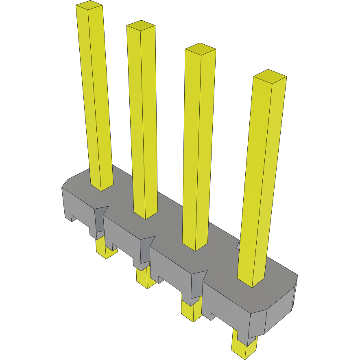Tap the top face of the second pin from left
[x=141, y=26]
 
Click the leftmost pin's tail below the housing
[x=106, y=248]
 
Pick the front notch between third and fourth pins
[x=196, y=284]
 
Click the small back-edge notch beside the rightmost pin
[x=238, y=245]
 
